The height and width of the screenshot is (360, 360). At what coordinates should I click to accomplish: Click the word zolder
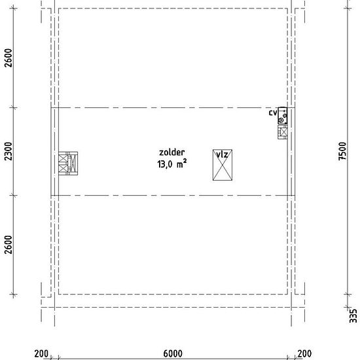pos(171,153)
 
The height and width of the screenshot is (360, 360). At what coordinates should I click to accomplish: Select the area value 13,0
pos(164,164)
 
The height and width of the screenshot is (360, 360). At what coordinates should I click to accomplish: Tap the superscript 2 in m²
pos(185,162)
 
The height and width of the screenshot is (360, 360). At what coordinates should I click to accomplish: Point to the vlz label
pos(223,154)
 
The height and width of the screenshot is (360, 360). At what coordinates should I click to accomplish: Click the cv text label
pos(273,113)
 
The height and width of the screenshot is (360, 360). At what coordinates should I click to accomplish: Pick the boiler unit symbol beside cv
pos(283,116)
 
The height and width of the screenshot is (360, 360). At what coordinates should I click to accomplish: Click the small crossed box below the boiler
pos(283,132)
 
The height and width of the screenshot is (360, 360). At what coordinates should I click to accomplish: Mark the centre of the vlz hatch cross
pos(223,165)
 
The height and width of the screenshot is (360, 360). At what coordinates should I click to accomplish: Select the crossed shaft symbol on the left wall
pos(68,163)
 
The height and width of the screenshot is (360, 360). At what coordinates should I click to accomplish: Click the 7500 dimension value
pos(342,151)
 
